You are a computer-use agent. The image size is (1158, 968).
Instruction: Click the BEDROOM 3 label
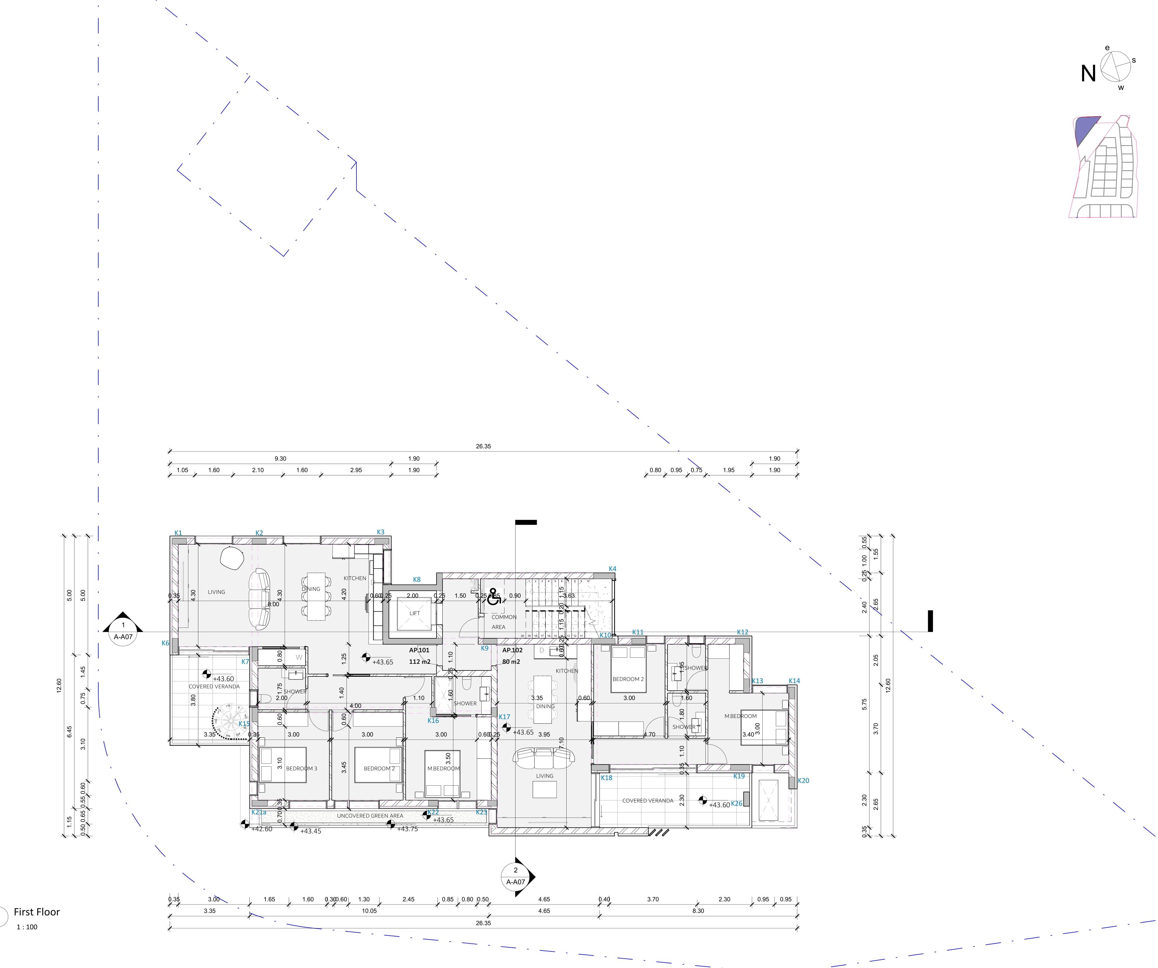pos(302,768)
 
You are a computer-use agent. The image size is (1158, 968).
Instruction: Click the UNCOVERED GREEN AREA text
pos(370,816)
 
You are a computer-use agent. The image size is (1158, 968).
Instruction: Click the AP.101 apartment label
pos(419,650)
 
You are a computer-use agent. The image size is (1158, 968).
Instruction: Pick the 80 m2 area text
pos(511,662)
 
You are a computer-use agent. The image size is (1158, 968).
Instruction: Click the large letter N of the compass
pos(1088,74)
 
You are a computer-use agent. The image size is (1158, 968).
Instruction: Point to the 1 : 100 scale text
pos(27,927)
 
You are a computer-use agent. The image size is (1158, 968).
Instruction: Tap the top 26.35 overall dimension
pos(483,446)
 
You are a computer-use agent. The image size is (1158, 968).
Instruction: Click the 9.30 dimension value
pos(280,458)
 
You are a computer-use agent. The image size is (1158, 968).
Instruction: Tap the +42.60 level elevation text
pos(262,829)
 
